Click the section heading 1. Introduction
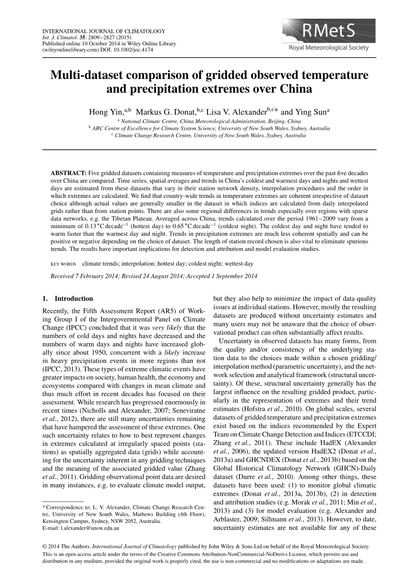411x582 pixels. click(x=68, y=298)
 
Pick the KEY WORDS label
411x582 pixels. click(x=63, y=264)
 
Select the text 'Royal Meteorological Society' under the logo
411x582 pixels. click(x=329, y=48)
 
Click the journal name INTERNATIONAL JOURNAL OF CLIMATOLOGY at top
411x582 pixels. click(x=104, y=32)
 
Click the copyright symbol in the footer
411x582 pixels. click(x=44, y=546)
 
